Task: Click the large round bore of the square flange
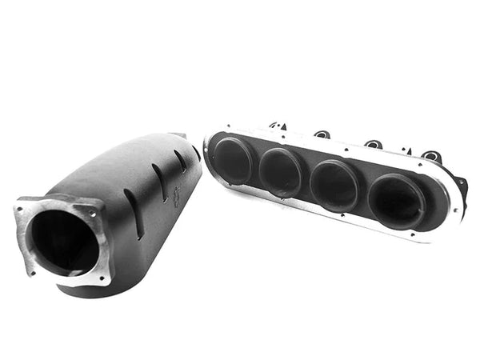(64, 242)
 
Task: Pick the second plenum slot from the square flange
(160, 183)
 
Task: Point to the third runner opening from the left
(334, 185)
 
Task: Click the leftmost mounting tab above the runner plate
(278, 126)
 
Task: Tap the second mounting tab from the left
(322, 134)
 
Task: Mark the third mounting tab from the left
(373, 145)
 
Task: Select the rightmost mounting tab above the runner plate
(430, 156)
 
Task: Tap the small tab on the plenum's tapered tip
(178, 136)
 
